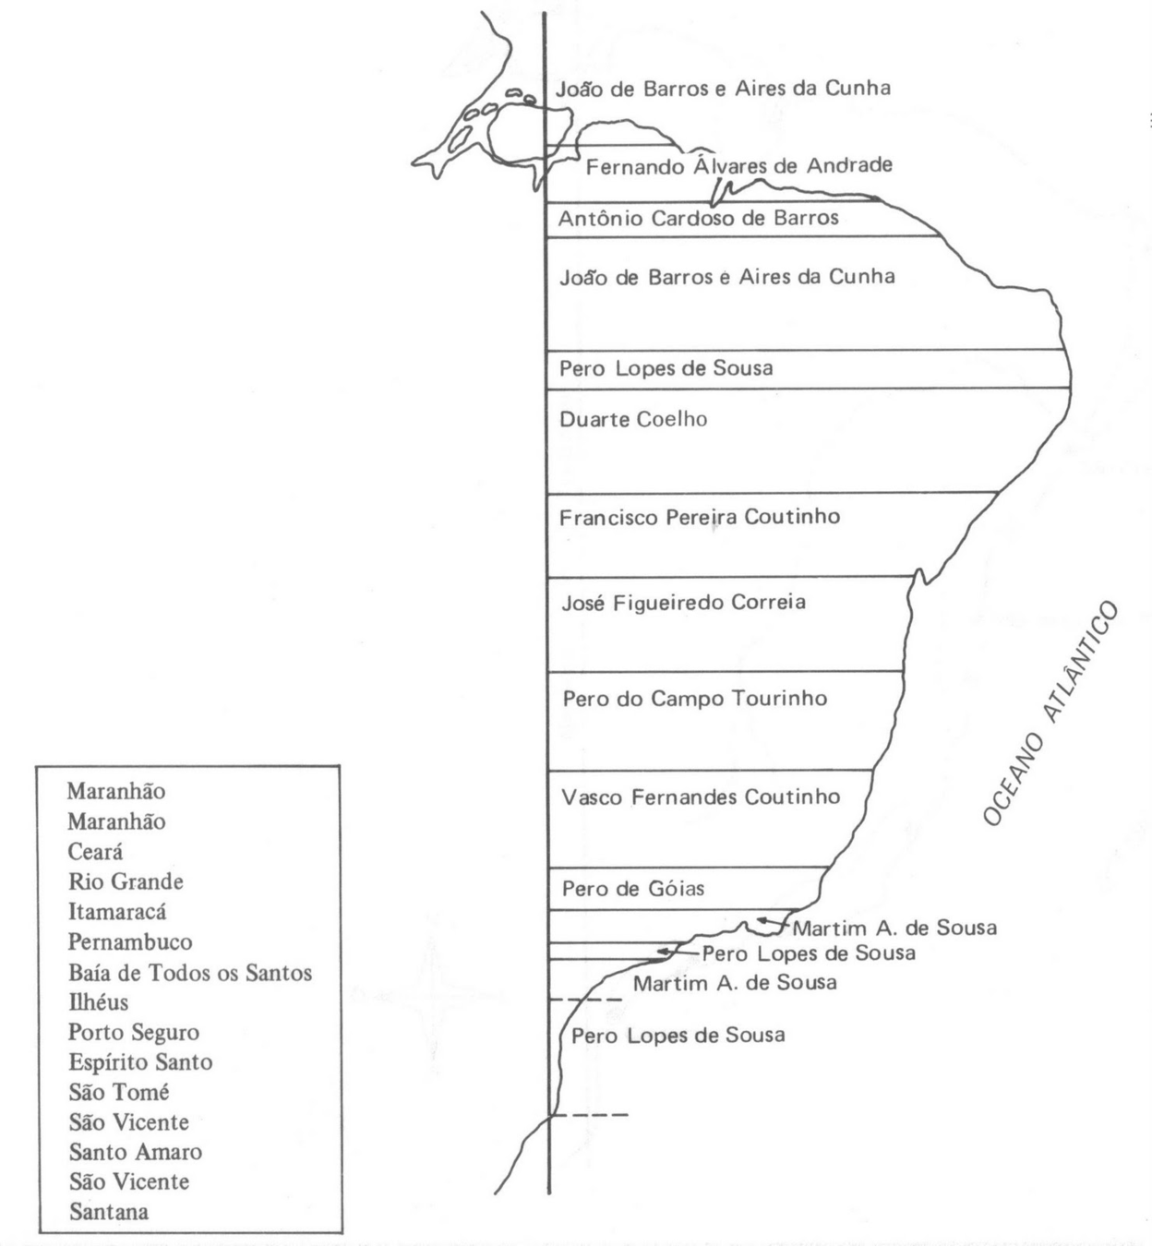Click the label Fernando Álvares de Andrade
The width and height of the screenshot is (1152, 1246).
[x=738, y=166]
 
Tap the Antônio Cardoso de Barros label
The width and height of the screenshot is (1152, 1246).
[x=698, y=219]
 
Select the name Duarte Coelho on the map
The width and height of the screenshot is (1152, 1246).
[x=633, y=419]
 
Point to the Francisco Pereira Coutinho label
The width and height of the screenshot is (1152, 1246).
[x=700, y=517]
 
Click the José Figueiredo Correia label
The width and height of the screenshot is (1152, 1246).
[x=683, y=603]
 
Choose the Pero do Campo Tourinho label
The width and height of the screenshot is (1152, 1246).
[x=694, y=699]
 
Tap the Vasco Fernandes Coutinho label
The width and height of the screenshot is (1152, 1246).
[x=701, y=797]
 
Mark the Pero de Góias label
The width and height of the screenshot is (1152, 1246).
[x=633, y=889]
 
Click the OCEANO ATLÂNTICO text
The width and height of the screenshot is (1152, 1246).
[x=1050, y=713]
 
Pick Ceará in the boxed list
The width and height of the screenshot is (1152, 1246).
[x=95, y=851]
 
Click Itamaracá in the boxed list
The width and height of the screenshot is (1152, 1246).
[x=117, y=912]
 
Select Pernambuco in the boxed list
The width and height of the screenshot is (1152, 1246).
[x=130, y=942]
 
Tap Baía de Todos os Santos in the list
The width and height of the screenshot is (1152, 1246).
[x=190, y=973]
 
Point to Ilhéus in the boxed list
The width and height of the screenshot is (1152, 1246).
[x=98, y=1002]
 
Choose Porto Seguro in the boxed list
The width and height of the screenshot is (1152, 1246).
[x=134, y=1032]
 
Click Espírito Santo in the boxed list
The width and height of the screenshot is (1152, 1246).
[x=140, y=1062]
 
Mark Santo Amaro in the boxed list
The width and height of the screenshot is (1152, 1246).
[x=135, y=1152]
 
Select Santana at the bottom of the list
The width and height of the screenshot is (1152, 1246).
[x=109, y=1212]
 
